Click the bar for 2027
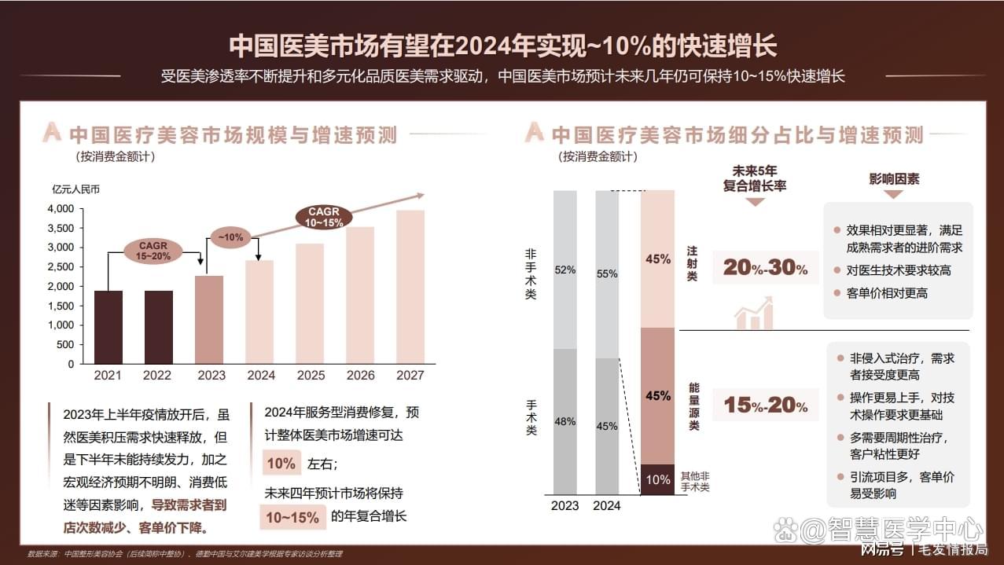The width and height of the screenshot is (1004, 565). point(410,287)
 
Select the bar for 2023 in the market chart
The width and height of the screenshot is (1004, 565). point(209,319)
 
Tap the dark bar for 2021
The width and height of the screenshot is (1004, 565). point(108,327)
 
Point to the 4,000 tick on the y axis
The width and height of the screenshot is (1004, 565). point(61,209)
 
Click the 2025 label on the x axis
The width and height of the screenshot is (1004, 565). point(310,376)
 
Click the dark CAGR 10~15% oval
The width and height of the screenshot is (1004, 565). point(324,218)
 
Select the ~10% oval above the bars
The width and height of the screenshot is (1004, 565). point(230,237)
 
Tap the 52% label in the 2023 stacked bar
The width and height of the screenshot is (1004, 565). point(565,270)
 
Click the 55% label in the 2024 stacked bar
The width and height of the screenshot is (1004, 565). point(606,274)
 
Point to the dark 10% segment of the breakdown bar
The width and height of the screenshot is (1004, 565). point(658,479)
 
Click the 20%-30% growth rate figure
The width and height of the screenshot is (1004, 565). point(765,268)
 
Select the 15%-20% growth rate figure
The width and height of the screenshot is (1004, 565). point(765,405)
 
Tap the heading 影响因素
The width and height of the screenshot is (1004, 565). point(894,179)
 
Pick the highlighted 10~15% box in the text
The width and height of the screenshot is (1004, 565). point(292,517)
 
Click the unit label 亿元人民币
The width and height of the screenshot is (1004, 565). point(76,189)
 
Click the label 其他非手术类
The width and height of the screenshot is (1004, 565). point(694,482)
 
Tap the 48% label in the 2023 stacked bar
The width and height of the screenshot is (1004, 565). point(565,421)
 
